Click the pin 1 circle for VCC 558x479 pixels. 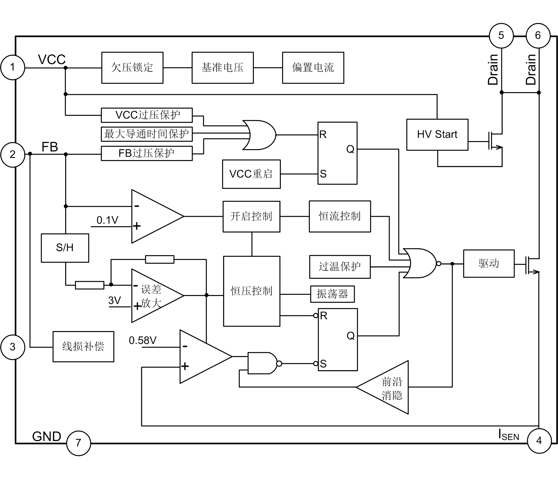[12, 67]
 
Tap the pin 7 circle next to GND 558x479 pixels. [78, 443]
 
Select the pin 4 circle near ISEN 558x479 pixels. [539, 441]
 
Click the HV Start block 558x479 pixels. [437, 135]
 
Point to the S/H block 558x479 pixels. [65, 248]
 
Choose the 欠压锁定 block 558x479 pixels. [132, 68]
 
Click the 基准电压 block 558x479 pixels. [222, 68]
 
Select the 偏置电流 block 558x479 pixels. [313, 68]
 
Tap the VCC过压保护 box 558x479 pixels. [147, 115]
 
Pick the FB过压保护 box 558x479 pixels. [147, 153]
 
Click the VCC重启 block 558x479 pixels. [251, 174]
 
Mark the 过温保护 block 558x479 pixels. [340, 267]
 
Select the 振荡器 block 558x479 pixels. [332, 294]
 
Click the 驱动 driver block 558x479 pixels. [489, 263]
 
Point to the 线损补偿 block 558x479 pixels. [83, 346]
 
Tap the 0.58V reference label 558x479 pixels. [143, 340]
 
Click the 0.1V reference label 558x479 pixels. [107, 220]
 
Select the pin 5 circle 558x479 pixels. [501, 35]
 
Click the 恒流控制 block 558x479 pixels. [340, 216]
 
